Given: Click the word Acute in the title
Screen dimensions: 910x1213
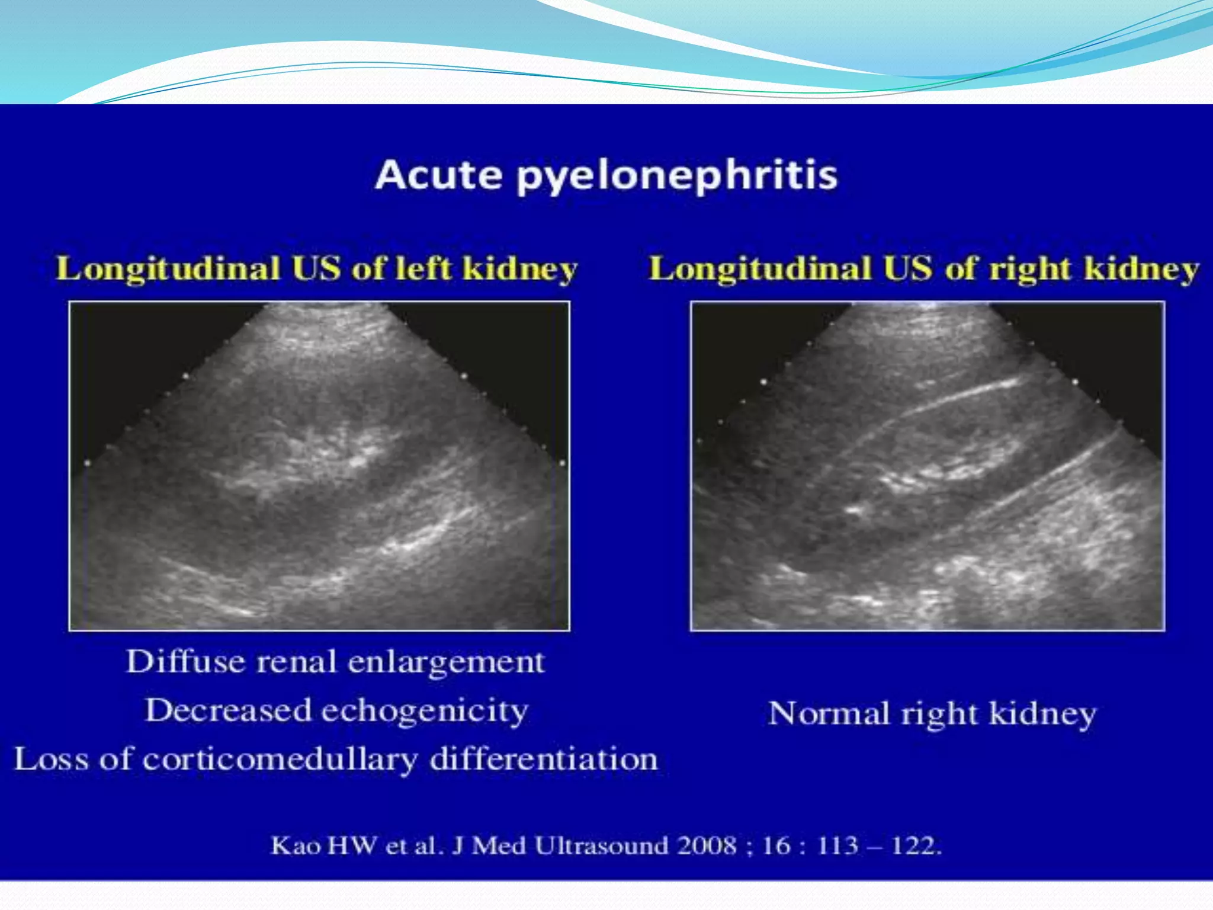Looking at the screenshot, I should click(439, 175).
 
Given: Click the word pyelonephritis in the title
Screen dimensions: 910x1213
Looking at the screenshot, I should click(677, 177).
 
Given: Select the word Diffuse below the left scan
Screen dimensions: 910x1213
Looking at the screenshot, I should click(185, 661).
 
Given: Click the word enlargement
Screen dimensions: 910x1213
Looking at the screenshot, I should click(445, 662).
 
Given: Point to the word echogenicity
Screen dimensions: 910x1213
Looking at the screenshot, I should click(424, 711).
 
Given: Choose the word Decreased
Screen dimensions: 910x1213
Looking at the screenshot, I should click(228, 710).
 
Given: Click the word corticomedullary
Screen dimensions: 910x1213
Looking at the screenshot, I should click(280, 760).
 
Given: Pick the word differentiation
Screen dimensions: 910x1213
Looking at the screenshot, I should click(543, 759).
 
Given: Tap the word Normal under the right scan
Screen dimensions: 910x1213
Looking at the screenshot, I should click(829, 713).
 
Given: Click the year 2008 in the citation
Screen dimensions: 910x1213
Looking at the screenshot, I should click(707, 845).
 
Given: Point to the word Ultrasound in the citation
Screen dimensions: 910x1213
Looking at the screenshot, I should click(602, 845).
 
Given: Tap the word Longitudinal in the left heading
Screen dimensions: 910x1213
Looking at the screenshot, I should click(168, 269).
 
